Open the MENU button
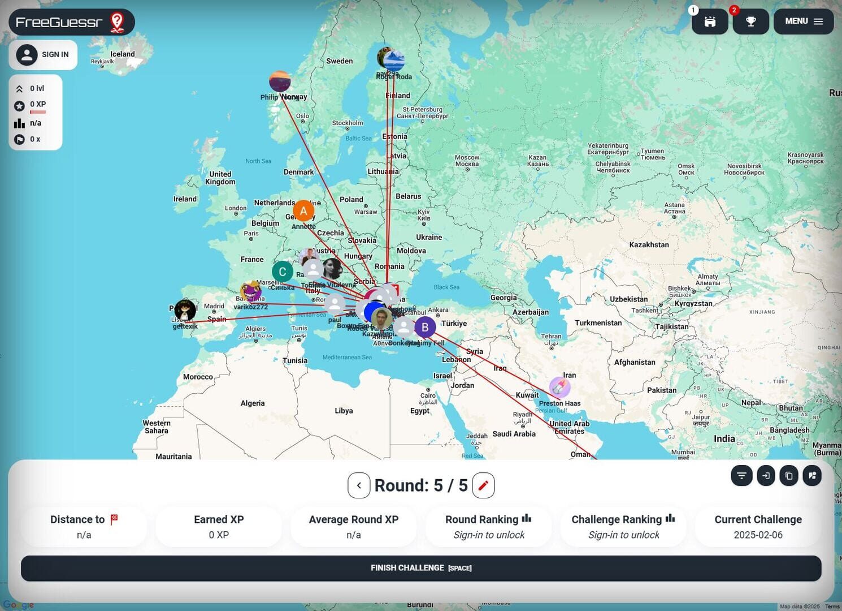click(x=803, y=21)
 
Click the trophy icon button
click(x=750, y=21)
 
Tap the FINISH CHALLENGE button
click(x=421, y=568)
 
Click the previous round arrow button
click(x=359, y=485)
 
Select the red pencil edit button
click(x=483, y=485)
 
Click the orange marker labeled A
click(x=303, y=211)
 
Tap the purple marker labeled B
click(x=425, y=327)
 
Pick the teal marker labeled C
click(x=283, y=272)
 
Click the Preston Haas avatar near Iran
click(x=559, y=388)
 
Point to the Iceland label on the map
click(x=123, y=54)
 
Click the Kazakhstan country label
click(x=649, y=245)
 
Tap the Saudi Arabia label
click(x=514, y=434)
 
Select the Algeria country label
click(x=253, y=403)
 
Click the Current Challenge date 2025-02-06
click(x=758, y=535)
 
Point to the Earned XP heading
click(x=219, y=519)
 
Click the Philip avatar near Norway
click(x=280, y=81)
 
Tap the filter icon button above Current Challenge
click(x=741, y=476)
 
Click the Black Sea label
click(x=446, y=287)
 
